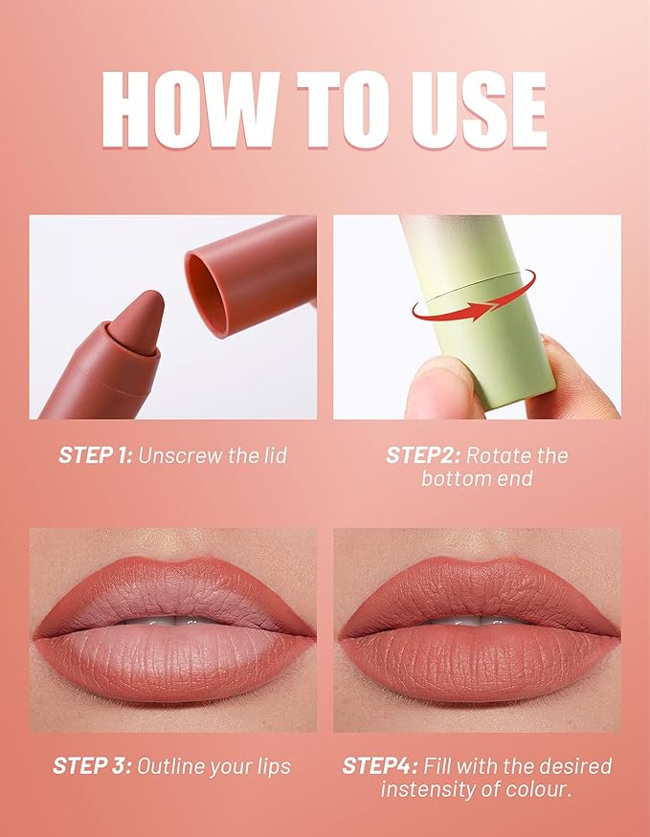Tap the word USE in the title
point(479,109)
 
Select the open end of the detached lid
point(207,294)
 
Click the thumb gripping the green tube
point(440,388)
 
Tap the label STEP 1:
point(95,455)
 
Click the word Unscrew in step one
point(180,455)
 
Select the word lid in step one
point(273,455)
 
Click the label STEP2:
point(423,455)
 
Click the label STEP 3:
point(92,766)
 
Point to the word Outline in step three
point(171,766)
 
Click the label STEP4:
point(380,766)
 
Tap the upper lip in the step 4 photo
point(478,590)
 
